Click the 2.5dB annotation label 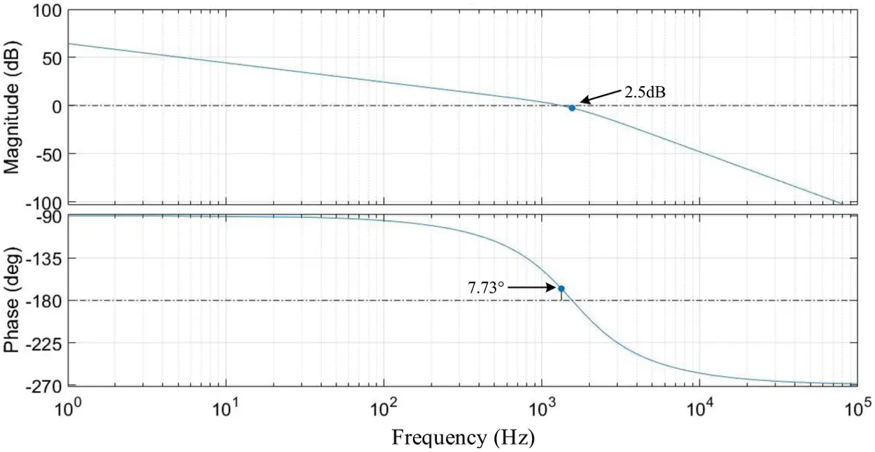coord(640,92)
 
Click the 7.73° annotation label coord(486,287)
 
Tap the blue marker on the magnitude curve coord(572,108)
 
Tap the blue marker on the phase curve coord(561,289)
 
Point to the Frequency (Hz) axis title coord(463,438)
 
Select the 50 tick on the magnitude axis coord(51,58)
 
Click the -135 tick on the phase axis coord(45,259)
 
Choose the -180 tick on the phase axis coord(45,301)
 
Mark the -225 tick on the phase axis coord(45,343)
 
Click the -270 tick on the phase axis coord(45,385)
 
